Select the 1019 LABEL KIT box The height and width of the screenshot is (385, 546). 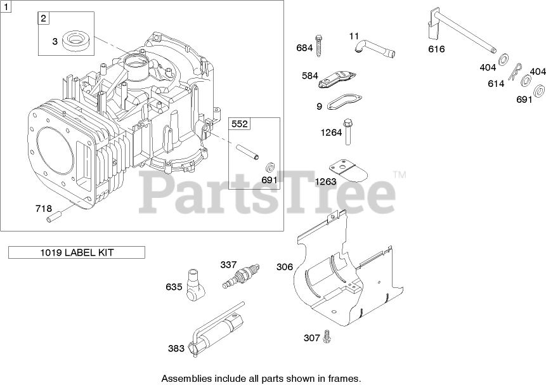coord(77,252)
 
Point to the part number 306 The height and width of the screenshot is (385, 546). coord(285,267)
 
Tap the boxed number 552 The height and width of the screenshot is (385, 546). coord(239,124)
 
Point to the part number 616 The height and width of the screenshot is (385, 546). coord(436,49)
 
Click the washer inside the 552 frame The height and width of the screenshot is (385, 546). coord(270,167)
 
